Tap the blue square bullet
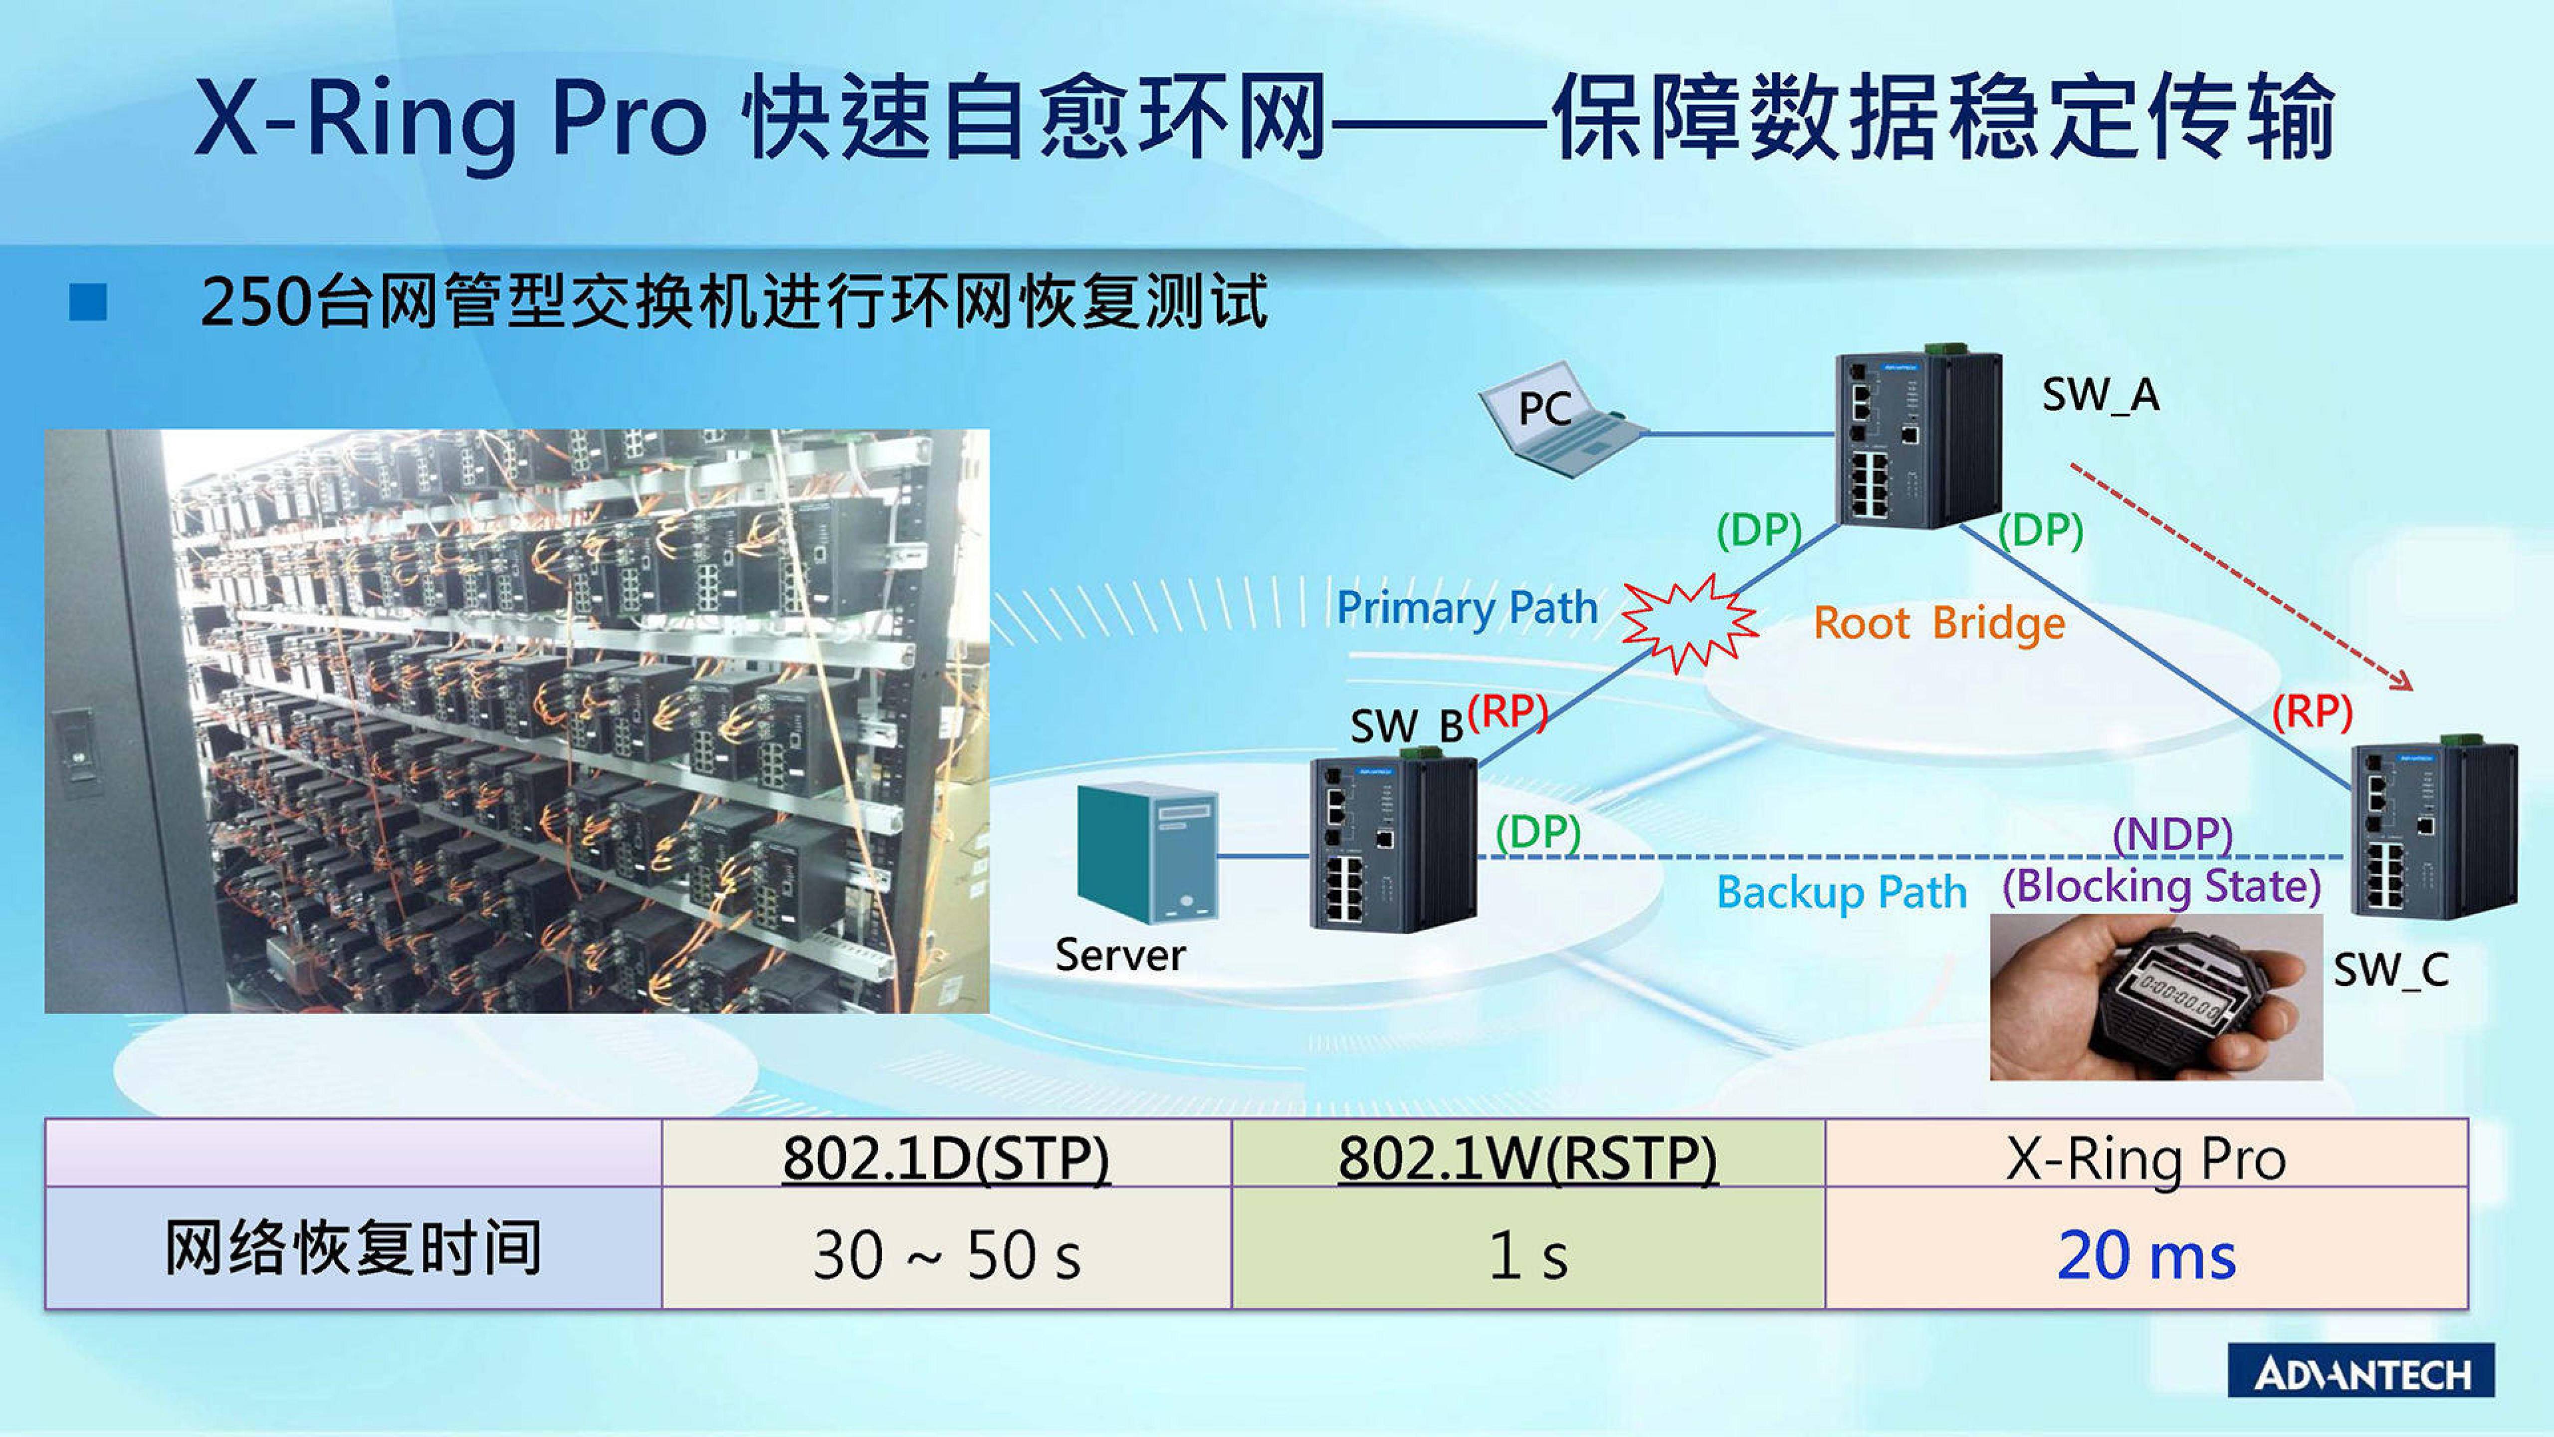pyautogui.click(x=88, y=302)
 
